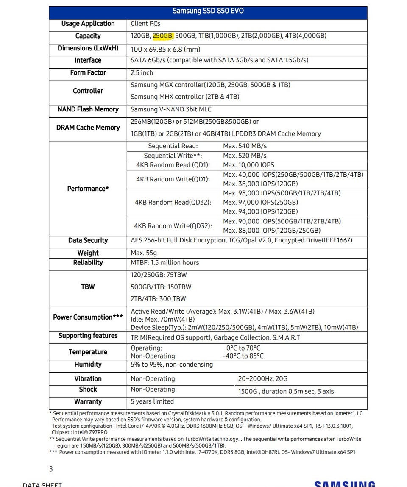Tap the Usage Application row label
(88, 24)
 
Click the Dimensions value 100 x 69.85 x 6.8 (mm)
(165, 49)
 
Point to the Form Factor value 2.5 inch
(142, 73)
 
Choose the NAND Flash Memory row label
(88, 109)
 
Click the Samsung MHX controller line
(185, 97)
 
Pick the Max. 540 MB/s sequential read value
(245, 146)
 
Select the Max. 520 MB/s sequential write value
(245, 156)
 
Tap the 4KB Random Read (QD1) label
(173, 165)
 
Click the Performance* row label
(88, 189)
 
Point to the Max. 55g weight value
(144, 253)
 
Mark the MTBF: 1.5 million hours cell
(164, 263)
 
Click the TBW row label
(88, 287)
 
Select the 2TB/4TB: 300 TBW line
(158, 299)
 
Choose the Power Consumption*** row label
(88, 317)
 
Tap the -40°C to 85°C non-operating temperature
(243, 356)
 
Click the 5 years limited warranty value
(152, 401)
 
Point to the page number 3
(51, 469)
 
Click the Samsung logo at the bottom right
(345, 484)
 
